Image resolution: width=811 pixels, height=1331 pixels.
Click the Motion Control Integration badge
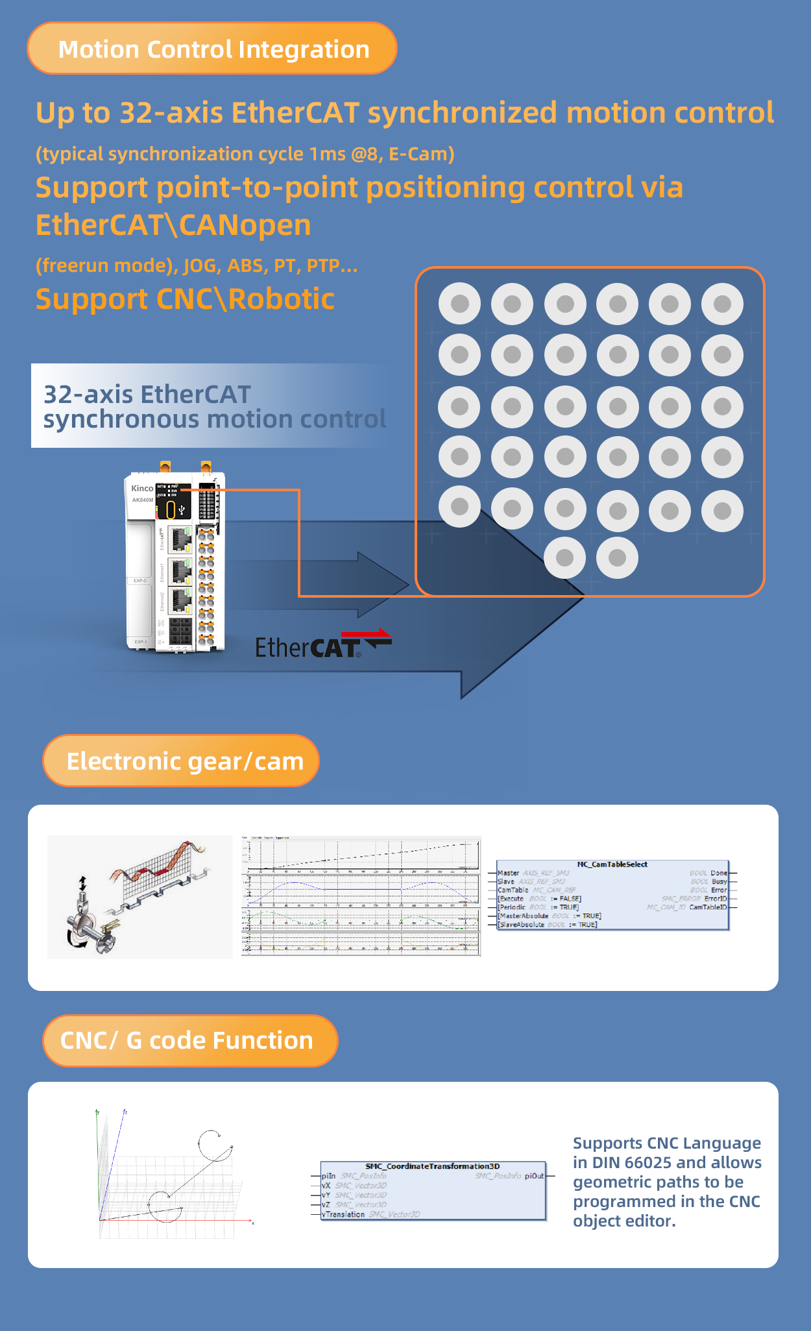point(212,49)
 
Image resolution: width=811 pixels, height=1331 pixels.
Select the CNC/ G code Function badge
point(188,1041)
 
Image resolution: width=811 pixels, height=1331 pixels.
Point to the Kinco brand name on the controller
point(142,488)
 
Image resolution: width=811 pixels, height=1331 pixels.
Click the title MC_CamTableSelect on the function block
point(612,864)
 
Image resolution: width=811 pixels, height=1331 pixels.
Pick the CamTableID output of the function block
point(708,907)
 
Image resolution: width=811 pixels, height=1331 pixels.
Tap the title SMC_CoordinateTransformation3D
point(432,1166)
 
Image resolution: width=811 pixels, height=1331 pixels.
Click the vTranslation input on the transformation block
point(343,1214)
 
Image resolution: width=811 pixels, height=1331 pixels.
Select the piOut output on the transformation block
point(534,1176)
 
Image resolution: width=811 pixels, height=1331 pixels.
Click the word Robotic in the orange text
point(281,299)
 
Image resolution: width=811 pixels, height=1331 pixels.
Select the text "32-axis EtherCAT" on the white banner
point(147,395)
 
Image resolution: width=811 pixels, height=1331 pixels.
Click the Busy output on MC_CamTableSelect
point(719,882)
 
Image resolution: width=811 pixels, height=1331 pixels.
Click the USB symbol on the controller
point(182,510)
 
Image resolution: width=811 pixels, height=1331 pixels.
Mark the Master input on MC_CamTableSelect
point(508,873)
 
